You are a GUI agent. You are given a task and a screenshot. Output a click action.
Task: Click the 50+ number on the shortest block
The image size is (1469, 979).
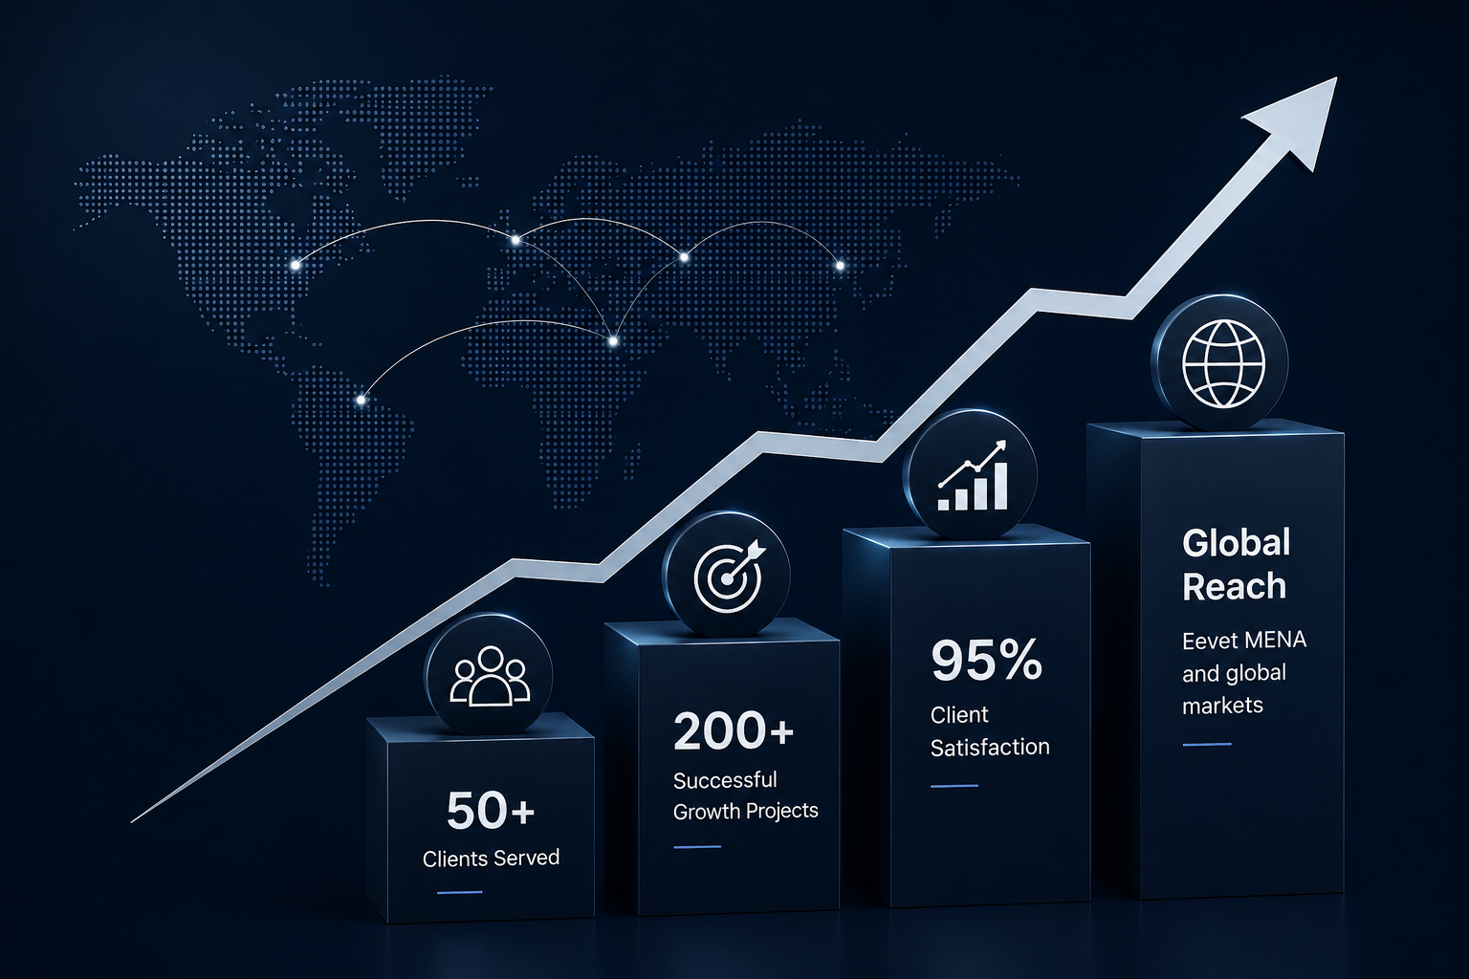491,810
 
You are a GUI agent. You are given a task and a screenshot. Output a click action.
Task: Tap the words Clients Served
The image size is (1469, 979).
491,859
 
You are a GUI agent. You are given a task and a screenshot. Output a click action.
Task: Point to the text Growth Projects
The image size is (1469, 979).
746,812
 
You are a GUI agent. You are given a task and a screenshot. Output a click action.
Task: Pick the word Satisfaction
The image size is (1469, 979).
990,747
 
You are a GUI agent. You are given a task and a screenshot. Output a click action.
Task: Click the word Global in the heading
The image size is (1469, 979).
1237,543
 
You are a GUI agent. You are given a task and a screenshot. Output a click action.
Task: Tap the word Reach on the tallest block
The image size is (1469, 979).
1234,586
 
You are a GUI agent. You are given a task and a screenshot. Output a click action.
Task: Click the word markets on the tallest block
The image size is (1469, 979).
1222,706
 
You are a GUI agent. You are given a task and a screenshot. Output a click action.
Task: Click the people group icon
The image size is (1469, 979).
490,676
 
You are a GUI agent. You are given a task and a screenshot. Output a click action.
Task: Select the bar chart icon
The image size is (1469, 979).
973,476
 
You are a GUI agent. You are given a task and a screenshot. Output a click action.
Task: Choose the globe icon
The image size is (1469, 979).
1223,363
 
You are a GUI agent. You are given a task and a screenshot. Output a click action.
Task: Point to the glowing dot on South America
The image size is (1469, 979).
361,400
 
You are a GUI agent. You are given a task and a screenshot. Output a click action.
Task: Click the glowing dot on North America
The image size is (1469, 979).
296,265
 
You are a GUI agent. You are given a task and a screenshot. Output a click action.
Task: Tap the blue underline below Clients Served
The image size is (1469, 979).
460,892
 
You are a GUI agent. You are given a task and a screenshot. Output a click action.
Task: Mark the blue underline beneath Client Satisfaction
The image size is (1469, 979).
954,786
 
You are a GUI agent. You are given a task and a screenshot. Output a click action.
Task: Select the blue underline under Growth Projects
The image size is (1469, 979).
697,847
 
